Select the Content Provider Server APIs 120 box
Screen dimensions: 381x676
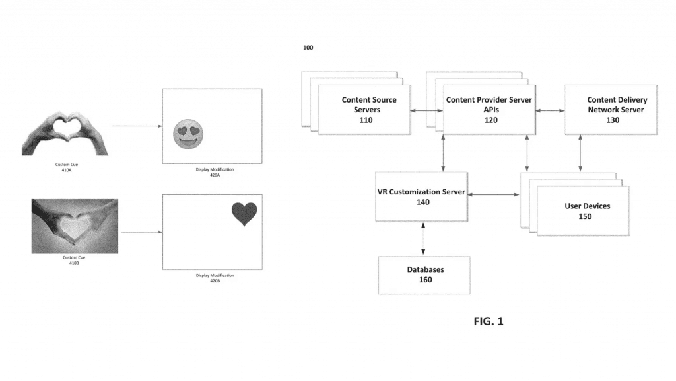[x=489, y=109]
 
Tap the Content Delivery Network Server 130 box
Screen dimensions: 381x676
[x=611, y=109]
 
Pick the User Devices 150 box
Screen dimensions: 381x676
[x=584, y=210]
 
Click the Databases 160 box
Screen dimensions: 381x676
[x=424, y=275]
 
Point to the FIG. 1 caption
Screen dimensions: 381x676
[x=489, y=321]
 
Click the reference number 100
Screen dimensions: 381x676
[x=308, y=48]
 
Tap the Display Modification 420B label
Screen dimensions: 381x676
[x=213, y=278]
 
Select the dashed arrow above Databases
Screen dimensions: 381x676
[x=423, y=239]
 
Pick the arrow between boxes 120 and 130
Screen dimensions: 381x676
[x=550, y=110]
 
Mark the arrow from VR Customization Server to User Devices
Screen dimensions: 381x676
[x=494, y=194]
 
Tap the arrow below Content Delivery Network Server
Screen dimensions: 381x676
[x=580, y=153]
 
